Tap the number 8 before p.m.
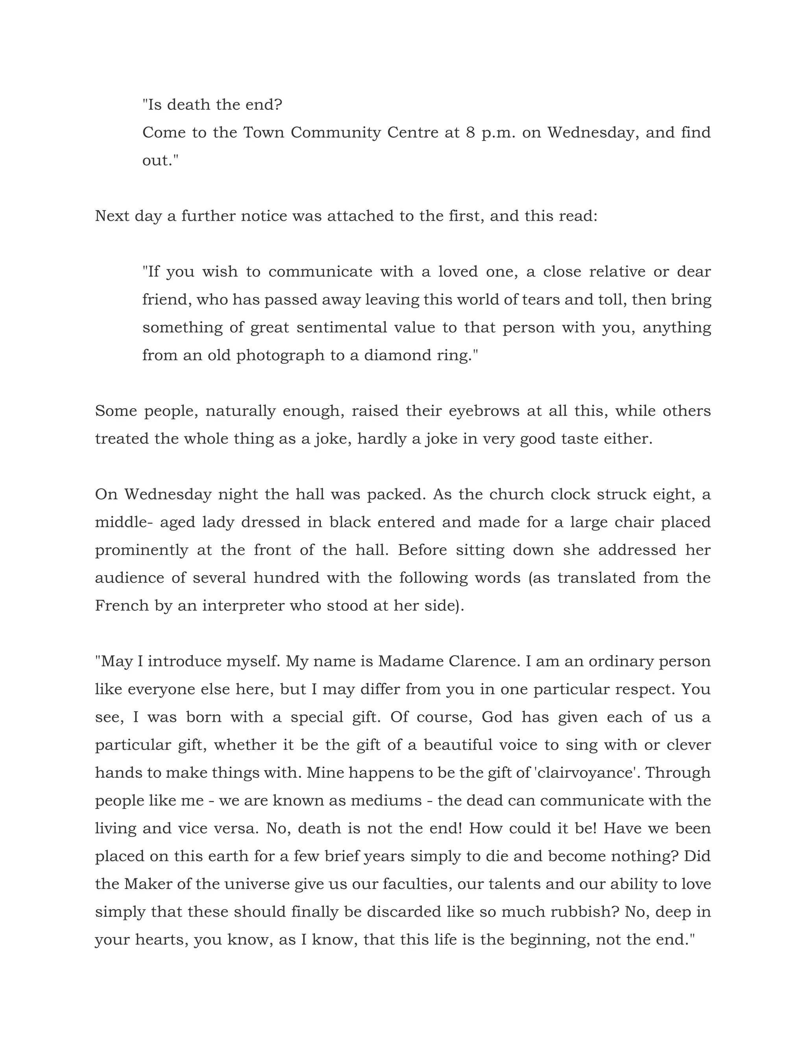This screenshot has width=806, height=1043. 470,132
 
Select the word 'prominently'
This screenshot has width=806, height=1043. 141,550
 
